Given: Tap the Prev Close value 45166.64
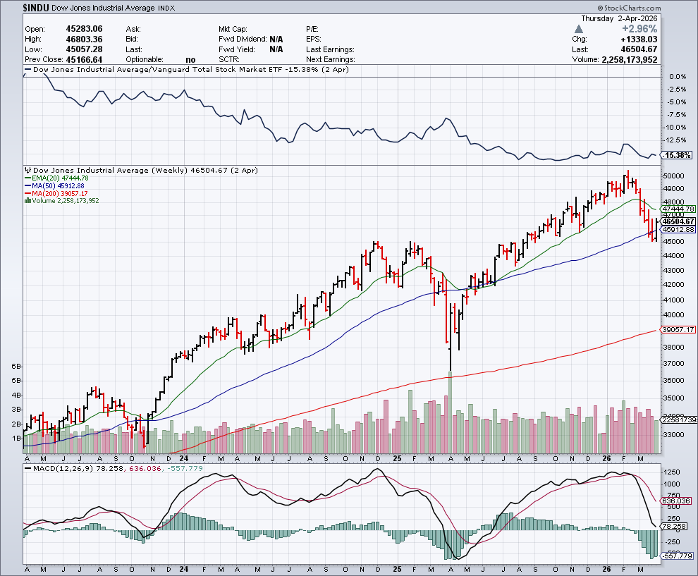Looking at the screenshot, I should pyautogui.click(x=82, y=60).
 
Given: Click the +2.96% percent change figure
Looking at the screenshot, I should pyautogui.click(x=637, y=29).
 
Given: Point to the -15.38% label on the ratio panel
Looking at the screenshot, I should pyautogui.click(x=678, y=155).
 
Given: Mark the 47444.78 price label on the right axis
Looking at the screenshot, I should pyautogui.click(x=679, y=209).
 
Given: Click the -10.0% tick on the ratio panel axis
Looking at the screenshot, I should pyautogui.click(x=675, y=127).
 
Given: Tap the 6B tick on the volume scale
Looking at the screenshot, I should pyautogui.click(x=17, y=367).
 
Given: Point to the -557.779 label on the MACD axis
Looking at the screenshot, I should pyautogui.click(x=678, y=556).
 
